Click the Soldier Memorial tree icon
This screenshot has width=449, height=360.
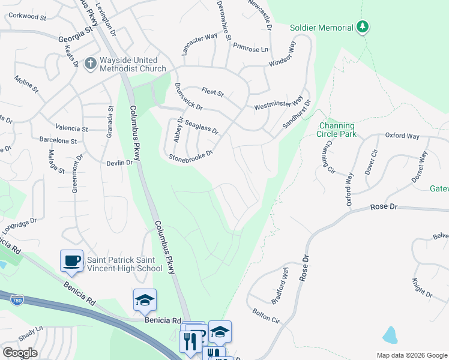pyautogui.click(x=362, y=27)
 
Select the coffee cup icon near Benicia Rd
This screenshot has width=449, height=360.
pyautogui.click(x=72, y=260)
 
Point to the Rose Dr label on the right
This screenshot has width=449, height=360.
pyautogui.click(x=384, y=206)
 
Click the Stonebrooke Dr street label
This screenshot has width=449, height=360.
pyautogui.click(x=191, y=156)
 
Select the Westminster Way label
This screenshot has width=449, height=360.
pyautogui.click(x=279, y=102)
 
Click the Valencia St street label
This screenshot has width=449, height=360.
pyautogui.click(x=71, y=128)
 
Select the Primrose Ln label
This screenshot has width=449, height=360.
pyautogui.click(x=250, y=48)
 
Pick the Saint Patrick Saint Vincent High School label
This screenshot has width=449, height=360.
pyautogui.click(x=125, y=264)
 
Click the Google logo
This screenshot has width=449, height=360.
pyautogui.click(x=20, y=353)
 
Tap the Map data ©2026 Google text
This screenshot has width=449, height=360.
pyautogui.click(x=411, y=355)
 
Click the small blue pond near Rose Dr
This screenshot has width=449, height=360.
pyautogui.click(x=390, y=335)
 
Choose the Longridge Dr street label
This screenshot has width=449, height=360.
pyautogui.click(x=16, y=227)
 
